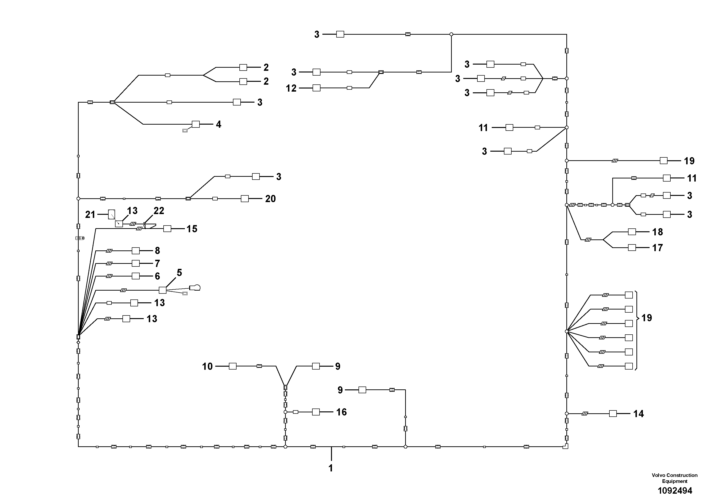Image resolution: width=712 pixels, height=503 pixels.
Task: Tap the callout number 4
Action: point(219,124)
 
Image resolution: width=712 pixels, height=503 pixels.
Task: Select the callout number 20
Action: point(270,199)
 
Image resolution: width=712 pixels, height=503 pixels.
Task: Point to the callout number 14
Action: point(639,414)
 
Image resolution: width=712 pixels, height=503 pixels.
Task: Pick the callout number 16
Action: point(342,412)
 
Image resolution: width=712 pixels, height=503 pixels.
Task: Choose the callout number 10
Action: point(207,367)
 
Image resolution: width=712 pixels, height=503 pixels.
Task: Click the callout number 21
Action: point(90,215)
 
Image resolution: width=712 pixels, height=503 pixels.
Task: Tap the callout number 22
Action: point(159,211)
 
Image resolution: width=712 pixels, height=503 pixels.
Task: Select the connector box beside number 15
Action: point(167,229)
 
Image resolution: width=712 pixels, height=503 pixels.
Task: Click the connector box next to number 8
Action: point(136,251)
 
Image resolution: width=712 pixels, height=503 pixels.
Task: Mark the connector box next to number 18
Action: point(632,232)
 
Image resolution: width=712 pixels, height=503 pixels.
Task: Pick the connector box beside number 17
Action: point(632,248)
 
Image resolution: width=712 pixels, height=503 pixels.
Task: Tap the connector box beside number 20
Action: point(245,199)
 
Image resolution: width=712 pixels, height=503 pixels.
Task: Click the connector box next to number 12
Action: point(316,88)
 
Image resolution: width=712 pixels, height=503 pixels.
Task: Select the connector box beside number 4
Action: point(196,124)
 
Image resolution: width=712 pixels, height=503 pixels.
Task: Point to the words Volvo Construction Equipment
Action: point(674,478)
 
